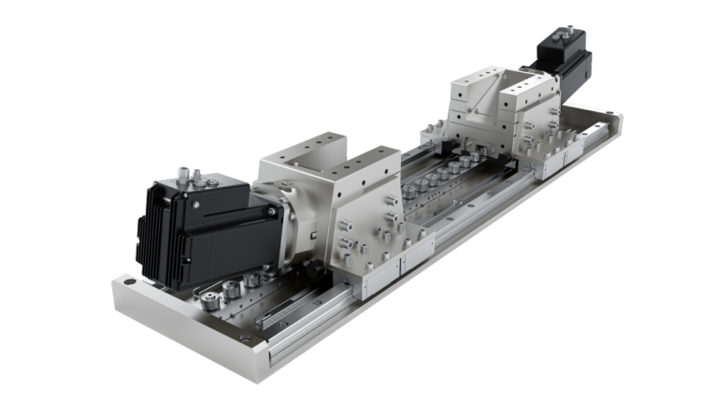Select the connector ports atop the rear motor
[567, 34]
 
